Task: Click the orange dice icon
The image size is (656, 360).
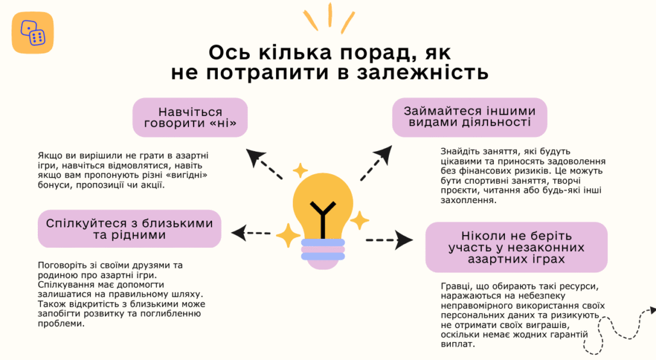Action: (33, 33)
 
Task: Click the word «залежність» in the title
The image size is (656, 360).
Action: (423, 72)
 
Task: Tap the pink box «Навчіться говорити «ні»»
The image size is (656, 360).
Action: (190, 117)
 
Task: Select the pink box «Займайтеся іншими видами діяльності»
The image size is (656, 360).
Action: (470, 117)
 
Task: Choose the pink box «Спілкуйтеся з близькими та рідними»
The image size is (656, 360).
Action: (129, 229)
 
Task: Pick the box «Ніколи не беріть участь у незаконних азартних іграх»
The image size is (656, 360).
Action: (516, 247)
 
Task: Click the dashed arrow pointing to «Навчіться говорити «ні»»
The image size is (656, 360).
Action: (263, 163)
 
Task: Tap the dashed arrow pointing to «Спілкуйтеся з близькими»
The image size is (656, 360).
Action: (251, 233)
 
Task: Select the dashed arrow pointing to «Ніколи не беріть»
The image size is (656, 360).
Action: (389, 240)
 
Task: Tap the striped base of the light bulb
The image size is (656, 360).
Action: (323, 254)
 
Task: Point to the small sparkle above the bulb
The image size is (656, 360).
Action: (300, 170)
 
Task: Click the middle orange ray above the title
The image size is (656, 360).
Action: (330, 15)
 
